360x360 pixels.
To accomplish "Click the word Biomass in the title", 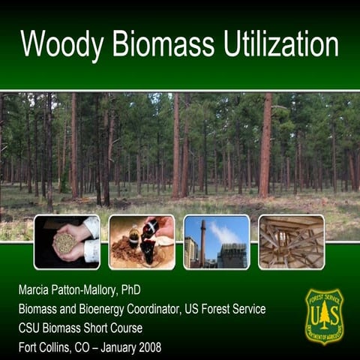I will [158, 45].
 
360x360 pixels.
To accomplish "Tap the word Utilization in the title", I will [281, 45].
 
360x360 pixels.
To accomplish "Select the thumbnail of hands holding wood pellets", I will [67, 241].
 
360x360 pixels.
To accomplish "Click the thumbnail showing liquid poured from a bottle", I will [142, 241].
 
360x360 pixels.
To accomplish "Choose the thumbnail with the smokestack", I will [217, 241].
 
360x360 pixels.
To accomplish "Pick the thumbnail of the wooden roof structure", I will [292, 241].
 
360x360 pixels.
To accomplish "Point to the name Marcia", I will [38, 289].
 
